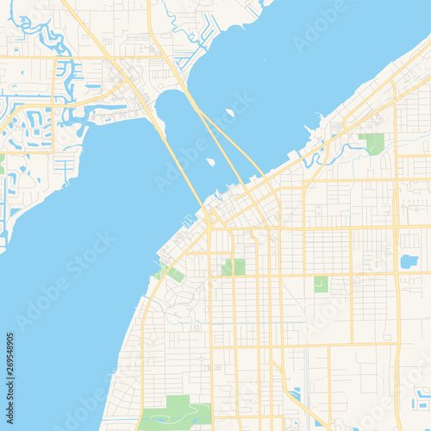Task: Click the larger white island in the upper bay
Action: [x=229, y=112]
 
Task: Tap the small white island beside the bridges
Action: [x=211, y=161]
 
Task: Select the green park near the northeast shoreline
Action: [x=372, y=143]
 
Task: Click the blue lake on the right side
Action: [x=409, y=261]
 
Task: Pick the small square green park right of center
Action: [x=321, y=284]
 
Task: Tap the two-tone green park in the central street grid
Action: [x=234, y=267]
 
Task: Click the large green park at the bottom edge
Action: [x=177, y=412]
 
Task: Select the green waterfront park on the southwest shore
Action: [x=173, y=274]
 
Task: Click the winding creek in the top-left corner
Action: [x=39, y=34]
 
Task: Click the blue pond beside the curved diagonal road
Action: [x=297, y=393]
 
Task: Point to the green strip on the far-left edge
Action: [x=2, y=164]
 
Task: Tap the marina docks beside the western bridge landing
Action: [x=190, y=221]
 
